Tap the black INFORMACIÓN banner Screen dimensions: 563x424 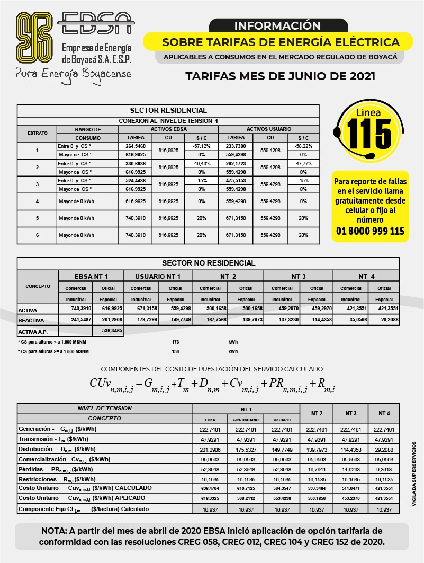click(x=277, y=25)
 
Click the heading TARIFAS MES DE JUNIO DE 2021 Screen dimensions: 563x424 click(x=280, y=76)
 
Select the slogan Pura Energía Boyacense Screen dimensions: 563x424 click(x=73, y=73)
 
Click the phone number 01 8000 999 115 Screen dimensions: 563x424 click(x=370, y=231)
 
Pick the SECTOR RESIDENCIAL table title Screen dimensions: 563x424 click(x=168, y=110)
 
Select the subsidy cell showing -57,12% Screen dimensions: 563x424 click(x=201, y=146)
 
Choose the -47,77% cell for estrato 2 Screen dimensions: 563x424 click(x=303, y=163)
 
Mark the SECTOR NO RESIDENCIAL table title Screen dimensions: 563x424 click(x=208, y=263)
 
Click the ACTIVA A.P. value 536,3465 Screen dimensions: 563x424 click(x=108, y=330)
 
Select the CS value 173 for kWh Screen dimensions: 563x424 click(x=176, y=342)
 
